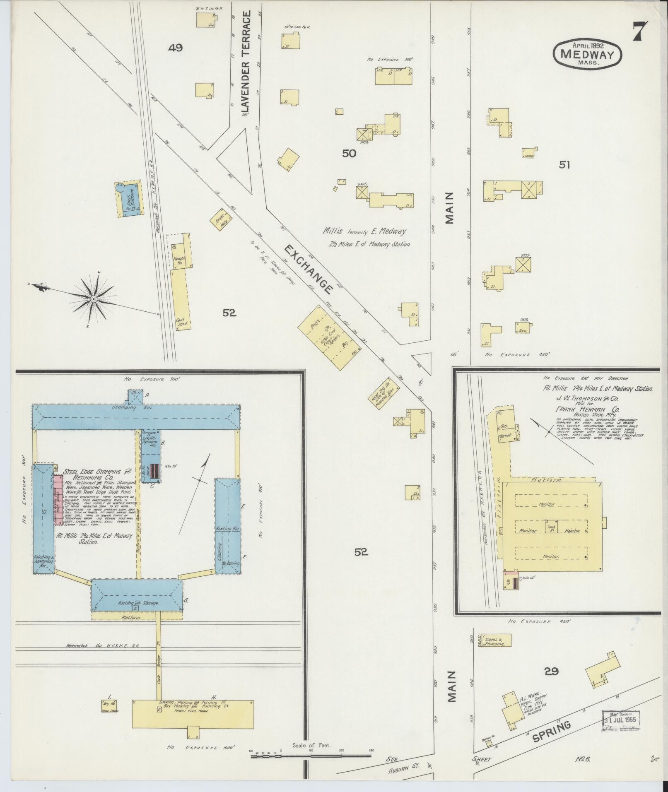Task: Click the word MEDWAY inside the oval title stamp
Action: pyautogui.click(x=587, y=54)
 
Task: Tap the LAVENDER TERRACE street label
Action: pyautogui.click(x=247, y=62)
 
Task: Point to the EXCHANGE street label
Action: pyautogui.click(x=309, y=269)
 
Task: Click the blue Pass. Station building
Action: pyautogui.click(x=129, y=198)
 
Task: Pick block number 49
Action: pyautogui.click(x=175, y=48)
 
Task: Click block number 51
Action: pyautogui.click(x=564, y=165)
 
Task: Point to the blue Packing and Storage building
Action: pyautogui.click(x=137, y=595)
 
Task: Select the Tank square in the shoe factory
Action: pyautogui.click(x=551, y=527)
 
